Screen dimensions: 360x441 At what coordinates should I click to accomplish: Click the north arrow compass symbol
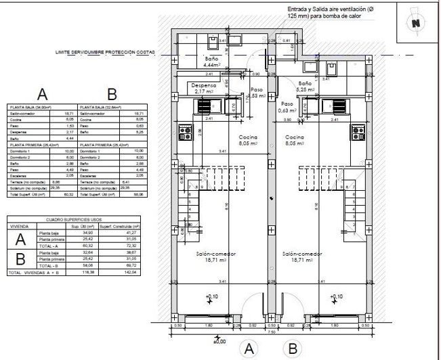click(x=414, y=22)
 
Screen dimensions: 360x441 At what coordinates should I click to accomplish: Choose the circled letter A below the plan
click(x=249, y=349)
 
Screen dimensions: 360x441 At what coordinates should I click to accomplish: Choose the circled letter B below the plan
click(x=293, y=349)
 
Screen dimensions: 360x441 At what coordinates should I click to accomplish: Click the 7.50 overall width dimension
click(x=270, y=332)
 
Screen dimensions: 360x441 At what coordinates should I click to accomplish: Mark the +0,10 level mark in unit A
click(x=212, y=297)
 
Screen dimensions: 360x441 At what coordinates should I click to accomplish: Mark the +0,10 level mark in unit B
click(x=336, y=297)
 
